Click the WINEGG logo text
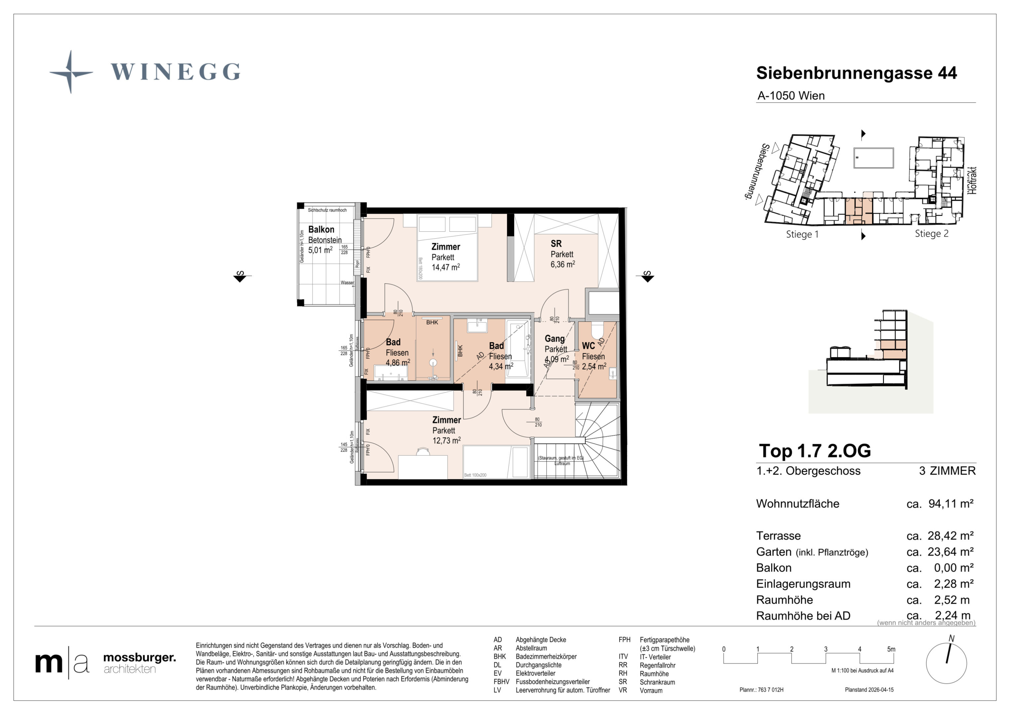(x=175, y=72)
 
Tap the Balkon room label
(x=321, y=230)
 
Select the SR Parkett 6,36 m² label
(x=562, y=254)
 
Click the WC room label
(x=588, y=346)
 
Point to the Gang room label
(x=554, y=339)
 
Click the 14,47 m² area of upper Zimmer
(x=445, y=267)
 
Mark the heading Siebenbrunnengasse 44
(x=856, y=73)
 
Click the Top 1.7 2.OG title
(x=815, y=451)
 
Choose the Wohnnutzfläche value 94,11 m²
(x=950, y=504)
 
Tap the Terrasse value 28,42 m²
(x=950, y=536)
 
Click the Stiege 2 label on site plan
(x=931, y=234)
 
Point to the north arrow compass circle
(x=946, y=663)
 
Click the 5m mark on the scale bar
(x=891, y=649)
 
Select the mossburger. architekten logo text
(x=139, y=663)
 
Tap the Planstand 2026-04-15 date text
(x=869, y=690)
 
